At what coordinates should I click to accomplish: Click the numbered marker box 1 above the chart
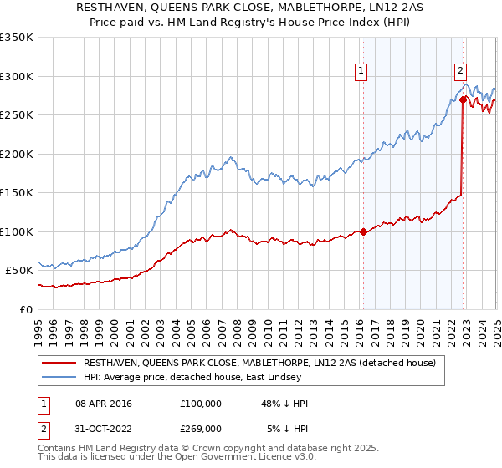(x=361, y=71)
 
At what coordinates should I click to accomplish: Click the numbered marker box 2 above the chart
(x=460, y=71)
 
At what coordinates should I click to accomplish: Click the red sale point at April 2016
(x=363, y=232)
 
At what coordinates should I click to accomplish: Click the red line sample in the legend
(x=59, y=364)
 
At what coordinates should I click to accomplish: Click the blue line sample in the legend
(x=59, y=379)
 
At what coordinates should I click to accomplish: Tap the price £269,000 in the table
(x=200, y=428)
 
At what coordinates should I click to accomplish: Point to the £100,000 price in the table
(x=200, y=404)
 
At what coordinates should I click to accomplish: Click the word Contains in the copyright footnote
(x=59, y=448)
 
